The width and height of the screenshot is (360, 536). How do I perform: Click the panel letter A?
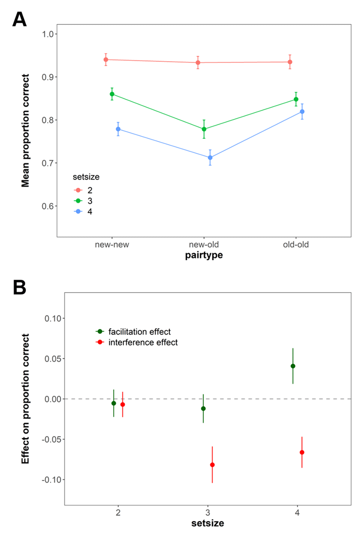[19, 19]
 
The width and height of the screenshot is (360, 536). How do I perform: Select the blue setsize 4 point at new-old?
[210, 157]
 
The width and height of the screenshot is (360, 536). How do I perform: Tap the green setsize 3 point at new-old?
[204, 129]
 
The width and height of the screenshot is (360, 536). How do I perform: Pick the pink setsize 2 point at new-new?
[106, 60]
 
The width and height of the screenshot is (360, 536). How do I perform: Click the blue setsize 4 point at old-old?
[302, 112]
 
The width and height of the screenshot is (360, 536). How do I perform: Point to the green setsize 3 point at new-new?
[112, 94]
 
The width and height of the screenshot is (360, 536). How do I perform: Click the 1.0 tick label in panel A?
[48, 34]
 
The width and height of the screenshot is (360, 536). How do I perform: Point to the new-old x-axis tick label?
[204, 245]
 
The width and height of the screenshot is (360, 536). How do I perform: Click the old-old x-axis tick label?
[296, 245]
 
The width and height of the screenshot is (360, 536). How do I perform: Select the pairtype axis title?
[204, 255]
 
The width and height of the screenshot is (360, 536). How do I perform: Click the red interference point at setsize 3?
[212, 465]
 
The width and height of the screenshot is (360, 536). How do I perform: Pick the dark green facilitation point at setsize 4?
[293, 366]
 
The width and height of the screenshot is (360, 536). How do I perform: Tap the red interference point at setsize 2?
[122, 404]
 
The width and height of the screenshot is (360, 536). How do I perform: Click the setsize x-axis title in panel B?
[208, 523]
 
